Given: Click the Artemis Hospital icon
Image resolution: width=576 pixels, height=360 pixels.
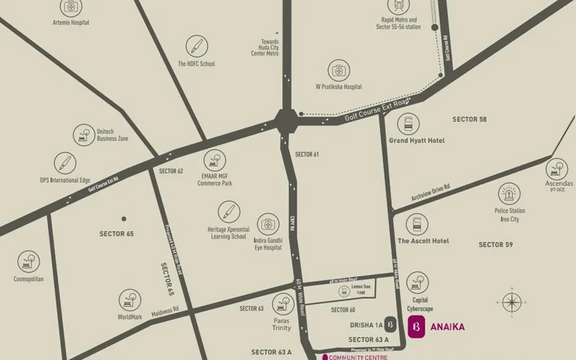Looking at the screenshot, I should tap(71, 8).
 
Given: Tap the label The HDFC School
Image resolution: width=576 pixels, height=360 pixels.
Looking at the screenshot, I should tap(196, 64).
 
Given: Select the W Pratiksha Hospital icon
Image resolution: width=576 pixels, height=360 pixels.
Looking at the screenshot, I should tap(338, 71).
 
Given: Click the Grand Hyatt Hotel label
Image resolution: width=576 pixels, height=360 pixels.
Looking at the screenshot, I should tap(417, 140).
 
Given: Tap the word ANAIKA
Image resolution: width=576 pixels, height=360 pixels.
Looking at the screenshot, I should tap(447, 327).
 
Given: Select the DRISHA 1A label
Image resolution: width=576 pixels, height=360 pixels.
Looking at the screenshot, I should tap(364, 325).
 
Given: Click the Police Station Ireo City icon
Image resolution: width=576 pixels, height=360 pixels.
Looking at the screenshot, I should tap(508, 194).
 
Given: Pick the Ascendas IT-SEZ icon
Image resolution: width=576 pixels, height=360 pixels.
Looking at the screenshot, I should tap(557, 168).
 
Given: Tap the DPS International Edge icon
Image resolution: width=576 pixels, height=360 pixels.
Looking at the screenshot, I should tap(65, 163).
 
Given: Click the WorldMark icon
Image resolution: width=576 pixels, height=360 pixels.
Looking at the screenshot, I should tap(130, 300).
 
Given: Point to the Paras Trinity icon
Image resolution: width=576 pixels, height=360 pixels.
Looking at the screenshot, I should tap(282, 304).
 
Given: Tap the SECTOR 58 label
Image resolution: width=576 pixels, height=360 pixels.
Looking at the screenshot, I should tap(469, 119).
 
